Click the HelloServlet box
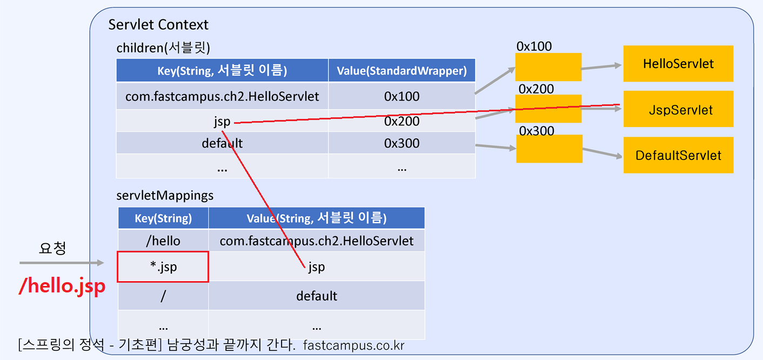(678, 64)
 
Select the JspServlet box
(678, 110)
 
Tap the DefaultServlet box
(678, 156)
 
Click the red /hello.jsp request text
(62, 286)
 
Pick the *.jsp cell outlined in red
(163, 266)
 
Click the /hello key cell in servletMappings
(163, 241)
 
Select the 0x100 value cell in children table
(401, 97)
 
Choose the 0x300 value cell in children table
(401, 143)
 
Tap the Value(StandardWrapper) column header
(401, 71)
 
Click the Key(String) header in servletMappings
(163, 218)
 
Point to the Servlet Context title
(158, 25)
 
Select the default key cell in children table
(222, 143)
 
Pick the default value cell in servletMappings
(317, 296)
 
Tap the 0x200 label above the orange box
(536, 89)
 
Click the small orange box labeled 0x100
(548, 67)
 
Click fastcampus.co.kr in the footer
(354, 345)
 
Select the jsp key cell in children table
(222, 121)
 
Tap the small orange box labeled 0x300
(549, 149)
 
